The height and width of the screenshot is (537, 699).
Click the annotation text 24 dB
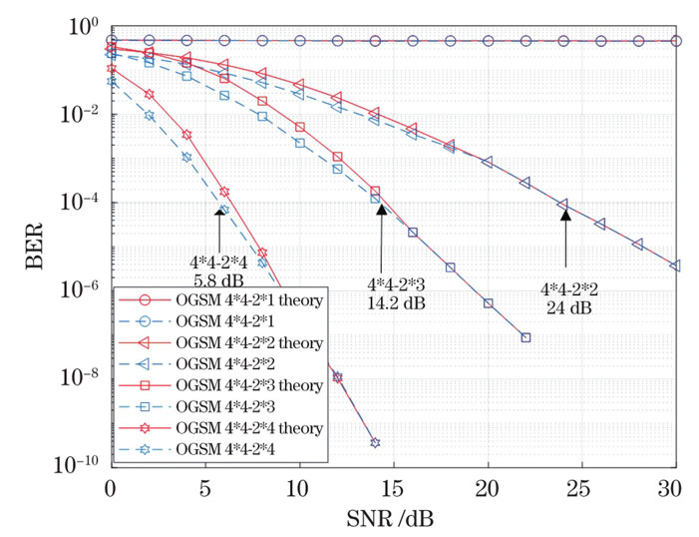[567, 308]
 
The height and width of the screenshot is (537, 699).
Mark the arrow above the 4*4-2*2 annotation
[564, 237]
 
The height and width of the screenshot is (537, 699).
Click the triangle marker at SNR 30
[676, 266]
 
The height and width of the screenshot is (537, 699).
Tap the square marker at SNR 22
[525, 338]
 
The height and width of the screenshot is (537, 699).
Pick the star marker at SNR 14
[375, 442]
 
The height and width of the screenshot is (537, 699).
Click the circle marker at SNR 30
[676, 41]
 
